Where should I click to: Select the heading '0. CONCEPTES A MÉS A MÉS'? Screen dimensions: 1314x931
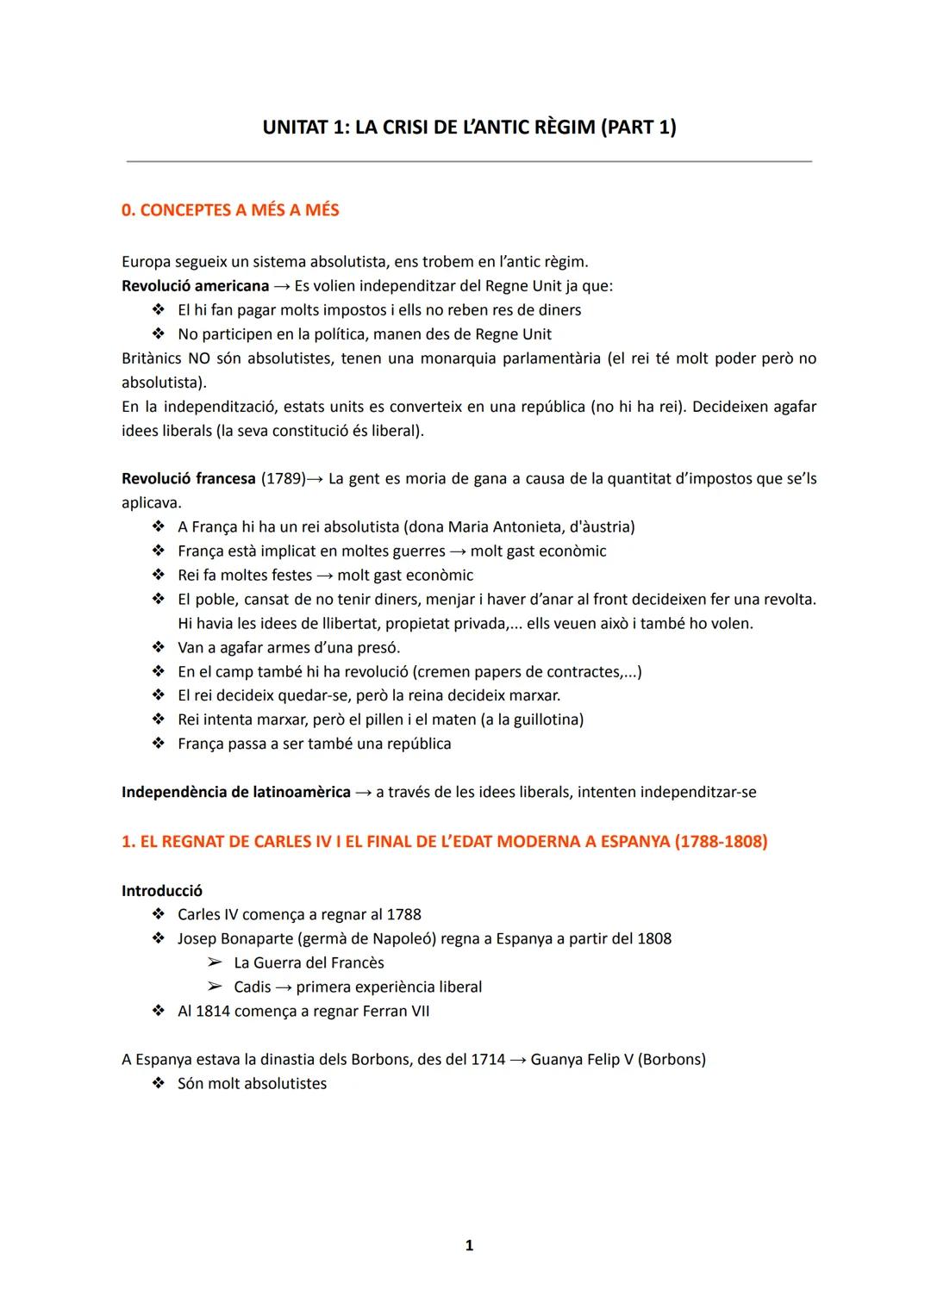point(230,210)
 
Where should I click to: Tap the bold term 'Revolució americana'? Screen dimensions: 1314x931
point(195,286)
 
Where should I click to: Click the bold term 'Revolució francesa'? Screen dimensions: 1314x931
point(189,479)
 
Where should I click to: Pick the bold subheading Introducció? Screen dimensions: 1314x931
point(162,891)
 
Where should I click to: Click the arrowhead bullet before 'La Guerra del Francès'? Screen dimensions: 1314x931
point(215,963)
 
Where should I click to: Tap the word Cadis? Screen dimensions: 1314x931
point(252,987)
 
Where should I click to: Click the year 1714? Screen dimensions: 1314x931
point(488,1060)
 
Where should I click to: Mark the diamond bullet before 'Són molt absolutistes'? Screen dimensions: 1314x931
point(159,1084)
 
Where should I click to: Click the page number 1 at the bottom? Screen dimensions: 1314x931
point(469,1246)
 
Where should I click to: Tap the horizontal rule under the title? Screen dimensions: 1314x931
point(469,161)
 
